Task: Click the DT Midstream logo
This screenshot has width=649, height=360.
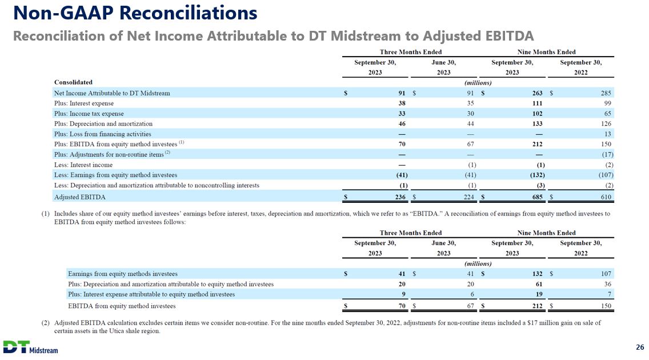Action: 31,346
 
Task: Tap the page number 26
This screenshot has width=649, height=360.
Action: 640,347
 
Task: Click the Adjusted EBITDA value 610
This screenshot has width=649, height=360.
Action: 606,197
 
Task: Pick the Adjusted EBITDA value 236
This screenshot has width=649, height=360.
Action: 400,197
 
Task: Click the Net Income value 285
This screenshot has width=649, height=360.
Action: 606,93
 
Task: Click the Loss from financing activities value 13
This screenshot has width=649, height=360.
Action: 608,134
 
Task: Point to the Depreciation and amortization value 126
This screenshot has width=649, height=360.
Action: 606,123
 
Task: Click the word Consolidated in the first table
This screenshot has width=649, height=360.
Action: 73,82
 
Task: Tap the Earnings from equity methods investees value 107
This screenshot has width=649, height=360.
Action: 606,274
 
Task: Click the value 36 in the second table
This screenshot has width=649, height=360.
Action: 608,284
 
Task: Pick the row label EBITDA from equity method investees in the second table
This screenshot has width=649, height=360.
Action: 122,306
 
